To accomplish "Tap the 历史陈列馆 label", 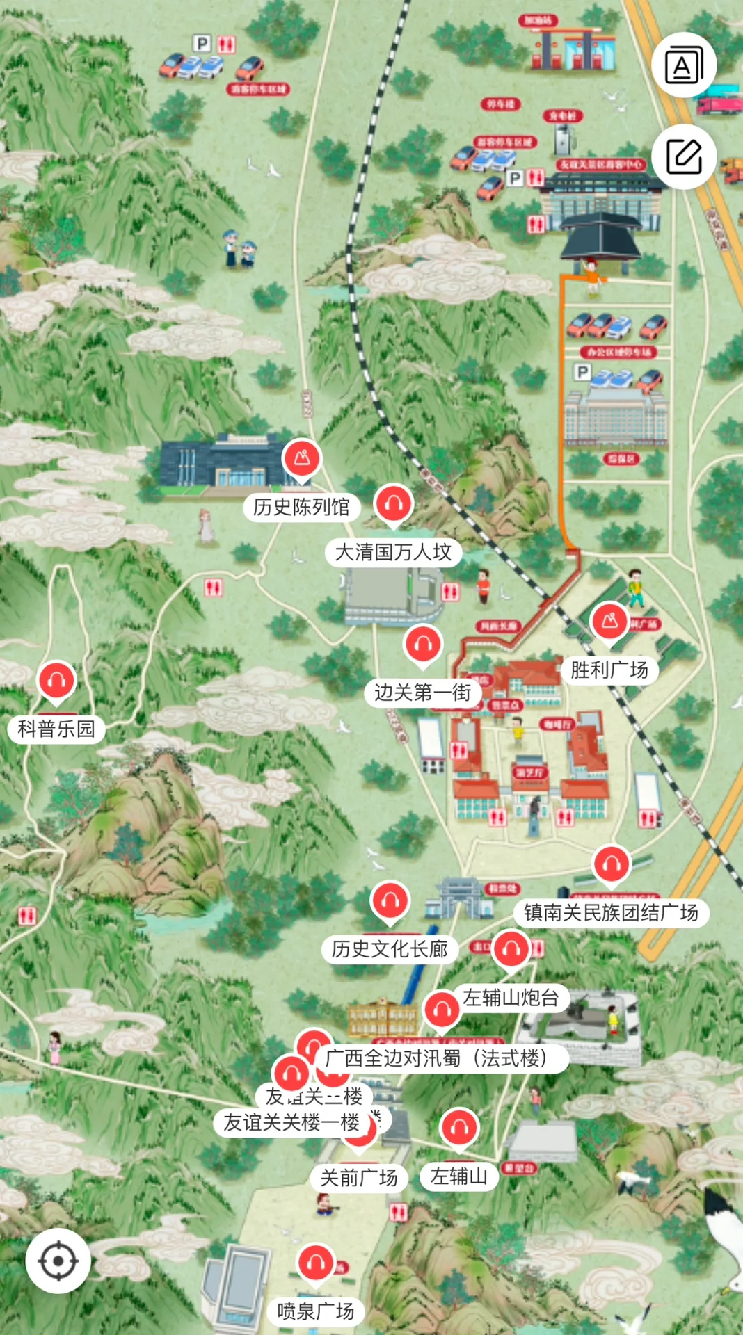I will point(301,507).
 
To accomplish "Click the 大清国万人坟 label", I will point(393,552).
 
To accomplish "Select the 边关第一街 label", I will point(422,693).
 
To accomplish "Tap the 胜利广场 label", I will point(609,670).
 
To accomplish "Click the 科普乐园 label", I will point(56,729).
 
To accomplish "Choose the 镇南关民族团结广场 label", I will point(611,912).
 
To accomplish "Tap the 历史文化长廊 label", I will point(389,949).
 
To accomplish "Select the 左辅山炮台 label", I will point(511,998).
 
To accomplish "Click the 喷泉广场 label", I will point(315,1311).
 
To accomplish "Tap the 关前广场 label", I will point(358,1178).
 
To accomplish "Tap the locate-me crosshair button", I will point(58,1261).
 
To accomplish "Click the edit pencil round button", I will point(684,156).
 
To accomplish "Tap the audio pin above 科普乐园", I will point(57,679).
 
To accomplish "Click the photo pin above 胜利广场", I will point(610,620).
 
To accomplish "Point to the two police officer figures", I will point(239,249).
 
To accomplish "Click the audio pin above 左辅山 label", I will point(459,1127).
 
